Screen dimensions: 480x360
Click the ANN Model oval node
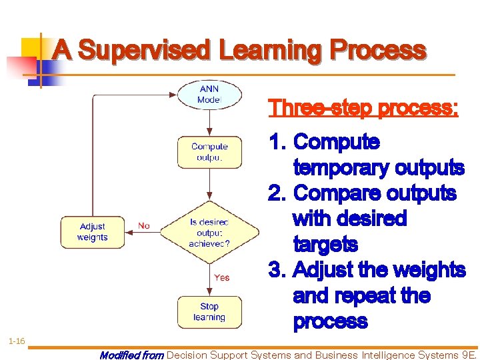click(x=209, y=95)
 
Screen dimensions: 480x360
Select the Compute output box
click(x=209, y=152)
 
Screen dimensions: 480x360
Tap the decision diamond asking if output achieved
click(x=209, y=233)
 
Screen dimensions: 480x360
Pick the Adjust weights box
click(x=92, y=232)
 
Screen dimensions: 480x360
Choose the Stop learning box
click(x=209, y=312)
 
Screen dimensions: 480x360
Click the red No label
click(x=144, y=226)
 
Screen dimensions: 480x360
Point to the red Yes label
click(x=222, y=277)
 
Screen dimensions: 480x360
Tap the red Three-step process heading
click(x=363, y=108)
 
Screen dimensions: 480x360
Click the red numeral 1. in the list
click(x=277, y=142)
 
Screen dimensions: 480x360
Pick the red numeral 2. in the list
click(x=277, y=193)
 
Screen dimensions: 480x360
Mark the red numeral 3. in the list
click(x=277, y=270)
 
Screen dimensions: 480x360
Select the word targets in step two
click(x=325, y=245)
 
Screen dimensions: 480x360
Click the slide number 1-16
click(x=17, y=341)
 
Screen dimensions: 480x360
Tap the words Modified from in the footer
click(x=131, y=355)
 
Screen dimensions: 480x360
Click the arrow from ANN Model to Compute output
click(x=209, y=122)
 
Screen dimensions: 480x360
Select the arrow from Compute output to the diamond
click(x=209, y=184)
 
